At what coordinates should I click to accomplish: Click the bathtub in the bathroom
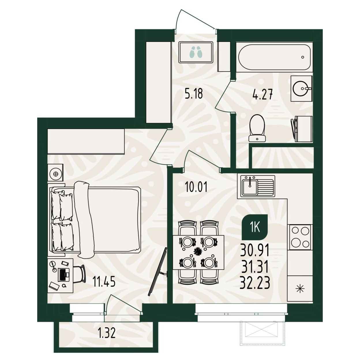point(274,57)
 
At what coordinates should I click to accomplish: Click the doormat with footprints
point(196,52)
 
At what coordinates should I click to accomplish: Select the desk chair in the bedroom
point(79,274)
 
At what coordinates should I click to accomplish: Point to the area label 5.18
point(194,93)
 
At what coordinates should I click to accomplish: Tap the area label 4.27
point(263,94)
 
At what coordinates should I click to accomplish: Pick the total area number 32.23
point(255,283)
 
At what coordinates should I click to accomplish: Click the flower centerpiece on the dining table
point(198,252)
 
